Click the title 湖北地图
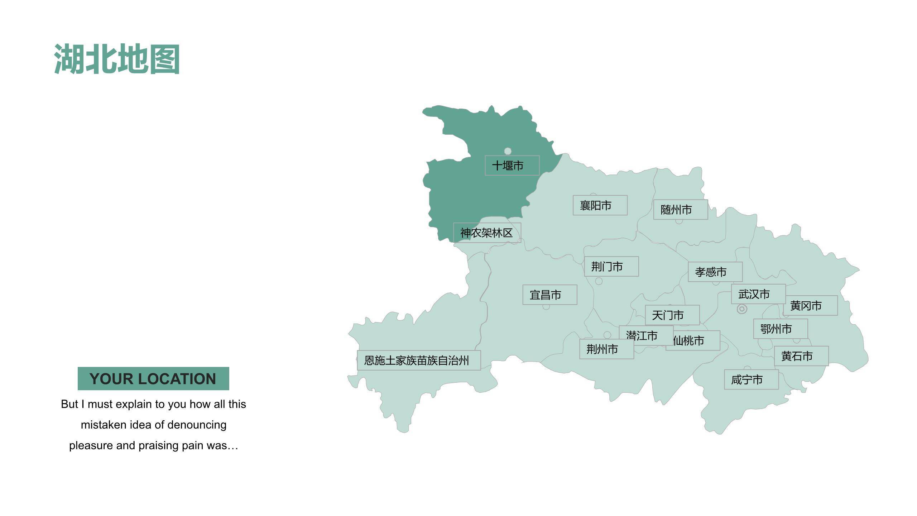coord(117,59)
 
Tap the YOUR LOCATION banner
coord(153,378)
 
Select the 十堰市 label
coord(512,166)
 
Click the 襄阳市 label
coord(600,205)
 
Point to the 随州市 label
coord(680,210)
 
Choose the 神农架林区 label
coord(487,233)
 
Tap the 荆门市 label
coord(611,267)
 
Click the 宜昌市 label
coord(549,295)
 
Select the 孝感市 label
coord(715,272)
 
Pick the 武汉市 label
coord(758,294)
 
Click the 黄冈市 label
coord(810,306)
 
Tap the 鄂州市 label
coord(780,329)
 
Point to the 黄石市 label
coord(801,356)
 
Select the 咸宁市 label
coord(751,379)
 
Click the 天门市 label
coord(672,315)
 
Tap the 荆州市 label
coord(606,349)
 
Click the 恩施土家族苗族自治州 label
coord(419,360)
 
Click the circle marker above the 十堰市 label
coord(508,151)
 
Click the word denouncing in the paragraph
coord(197,425)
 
